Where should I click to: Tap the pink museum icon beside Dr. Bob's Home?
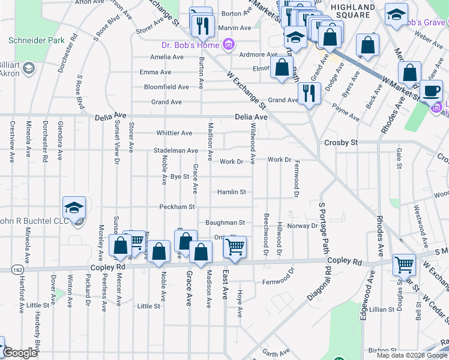click(x=228, y=44)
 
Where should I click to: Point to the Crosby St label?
click(x=341, y=143)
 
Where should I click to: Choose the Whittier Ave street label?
click(x=174, y=133)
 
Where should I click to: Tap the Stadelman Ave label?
click(x=176, y=151)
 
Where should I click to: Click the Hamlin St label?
click(x=232, y=192)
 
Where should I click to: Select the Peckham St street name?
click(x=177, y=207)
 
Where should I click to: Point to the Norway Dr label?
click(x=302, y=226)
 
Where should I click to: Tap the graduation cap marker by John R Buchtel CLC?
click(x=74, y=208)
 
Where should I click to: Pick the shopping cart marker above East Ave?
click(x=235, y=246)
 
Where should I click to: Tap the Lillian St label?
click(x=381, y=309)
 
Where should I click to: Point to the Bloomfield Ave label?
click(x=166, y=87)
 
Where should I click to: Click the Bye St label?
click(x=180, y=177)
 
